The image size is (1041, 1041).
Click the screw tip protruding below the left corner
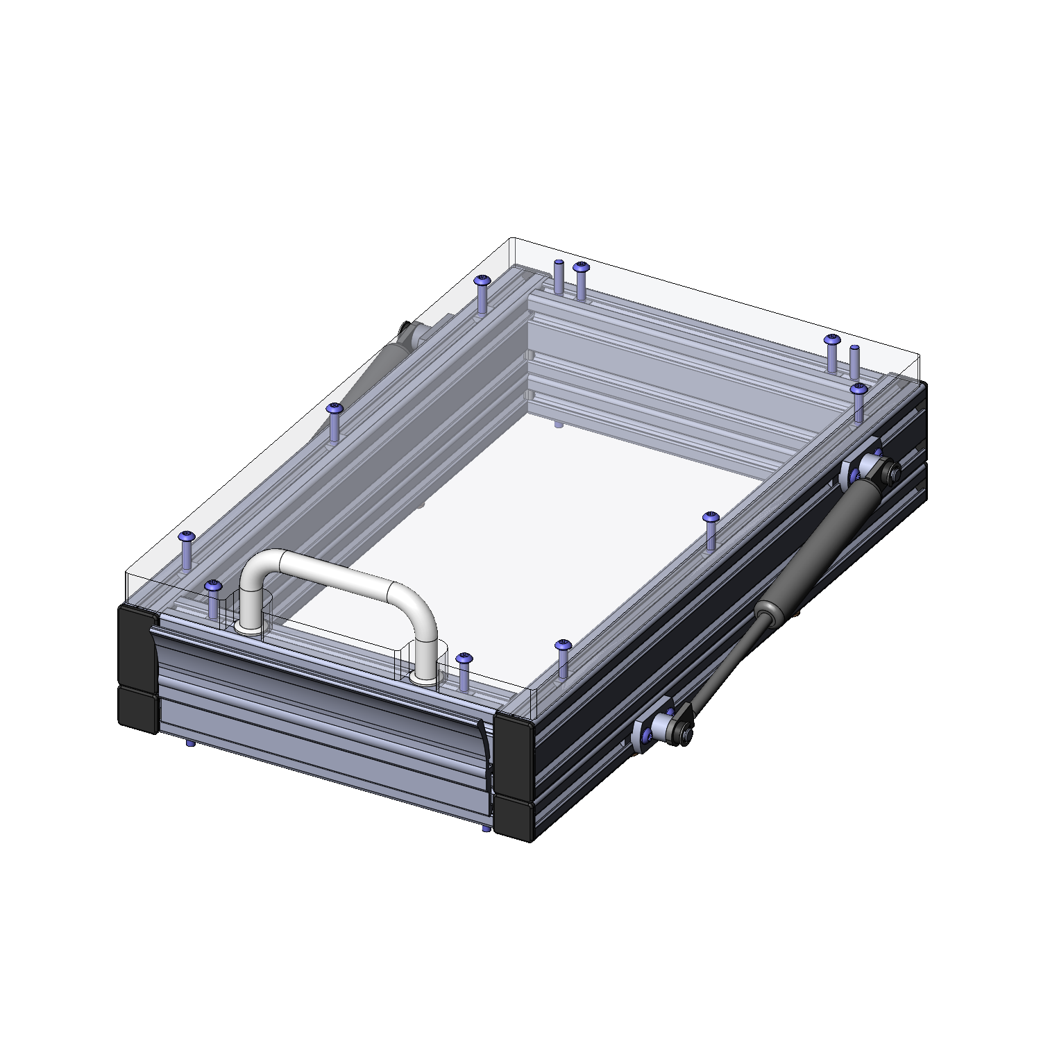pyautogui.click(x=189, y=743)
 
